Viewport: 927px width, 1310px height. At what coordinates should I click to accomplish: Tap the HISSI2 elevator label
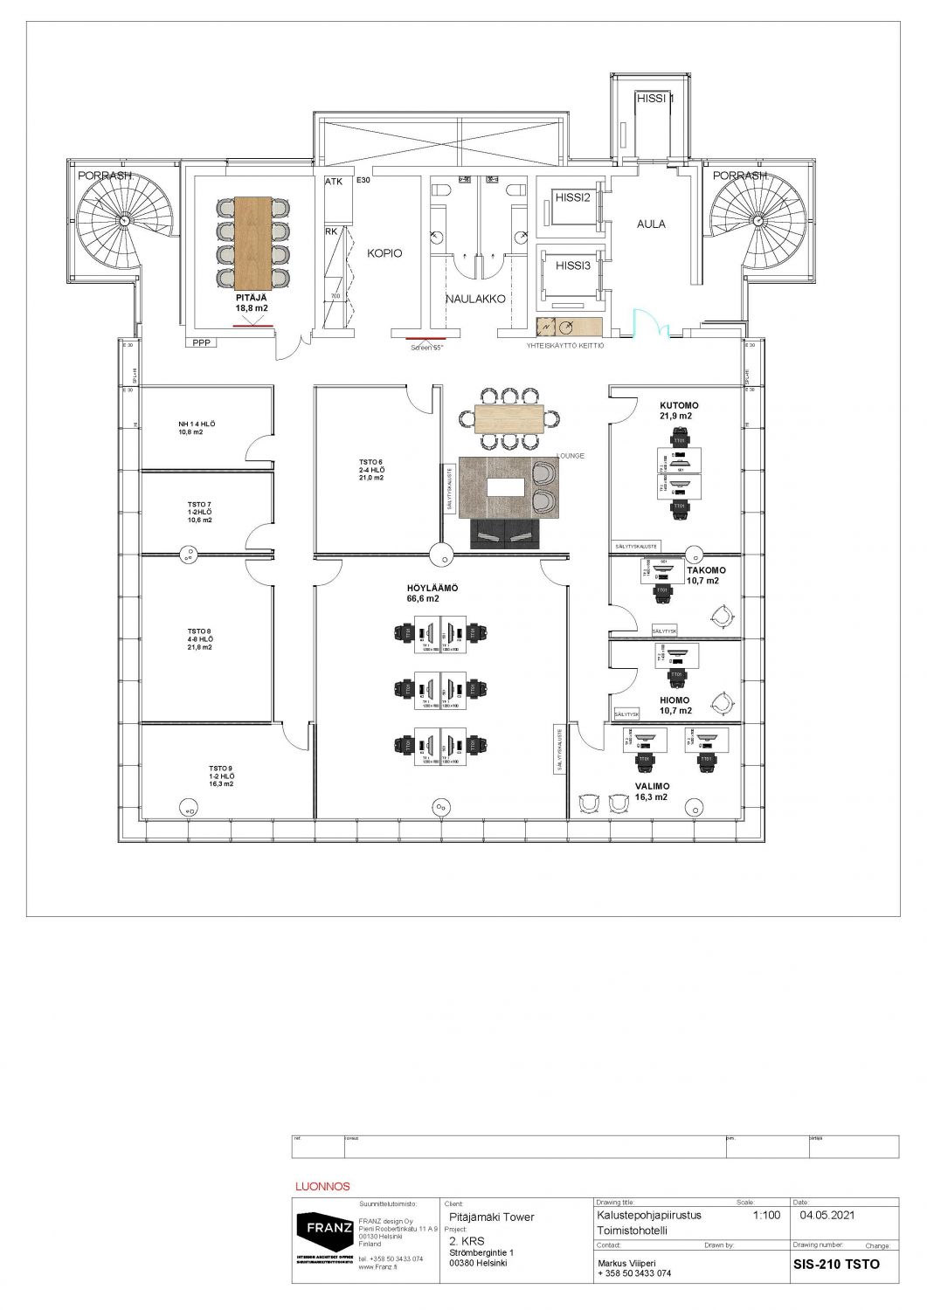point(573,198)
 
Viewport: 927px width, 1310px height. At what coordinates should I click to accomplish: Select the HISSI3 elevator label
point(573,265)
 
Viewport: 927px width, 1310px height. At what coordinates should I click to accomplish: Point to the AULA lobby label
point(651,224)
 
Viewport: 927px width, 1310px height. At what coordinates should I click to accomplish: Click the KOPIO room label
point(384,253)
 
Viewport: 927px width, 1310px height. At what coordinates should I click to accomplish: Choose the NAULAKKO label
point(476,299)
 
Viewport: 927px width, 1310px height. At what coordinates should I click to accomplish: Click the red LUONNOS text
point(323,1187)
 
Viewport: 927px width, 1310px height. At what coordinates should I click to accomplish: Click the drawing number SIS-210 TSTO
point(836,1264)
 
